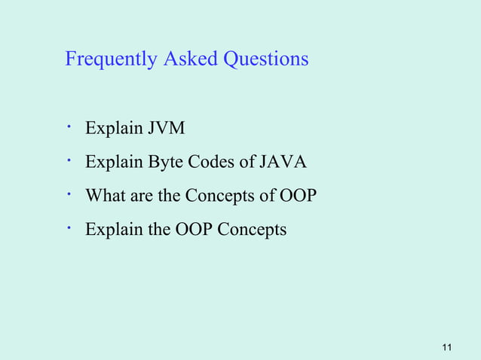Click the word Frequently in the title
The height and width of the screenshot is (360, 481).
tap(112, 59)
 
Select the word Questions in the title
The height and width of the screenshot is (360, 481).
tap(265, 59)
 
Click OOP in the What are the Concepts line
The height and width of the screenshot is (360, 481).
tap(298, 196)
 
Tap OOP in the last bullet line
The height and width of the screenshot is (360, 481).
tap(194, 229)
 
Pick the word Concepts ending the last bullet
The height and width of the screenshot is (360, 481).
tap(252, 230)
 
